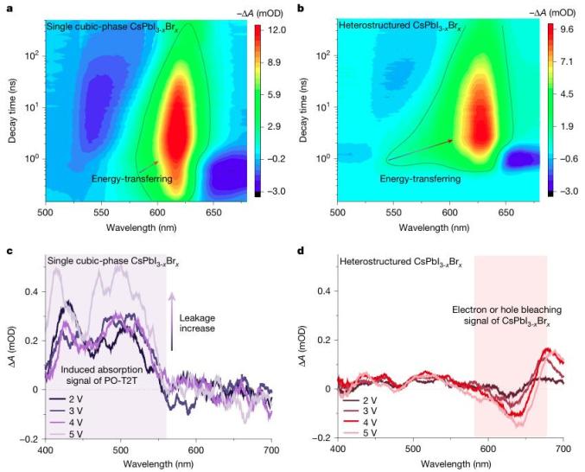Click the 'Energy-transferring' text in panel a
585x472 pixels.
pos(131,179)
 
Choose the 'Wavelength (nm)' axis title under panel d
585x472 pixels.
pos(449,465)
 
